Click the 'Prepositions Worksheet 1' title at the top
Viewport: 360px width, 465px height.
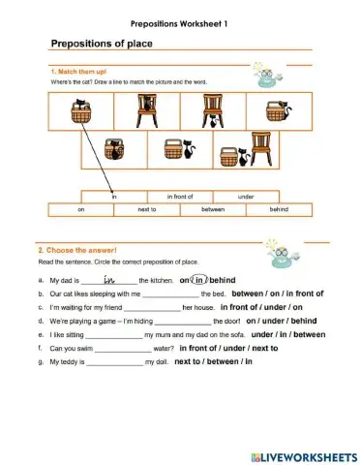(179, 21)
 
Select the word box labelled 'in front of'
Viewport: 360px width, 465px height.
(183, 196)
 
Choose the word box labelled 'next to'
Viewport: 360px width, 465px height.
(147, 208)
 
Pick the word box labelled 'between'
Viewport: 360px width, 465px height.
(213, 208)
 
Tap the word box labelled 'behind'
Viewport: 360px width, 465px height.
(279, 208)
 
